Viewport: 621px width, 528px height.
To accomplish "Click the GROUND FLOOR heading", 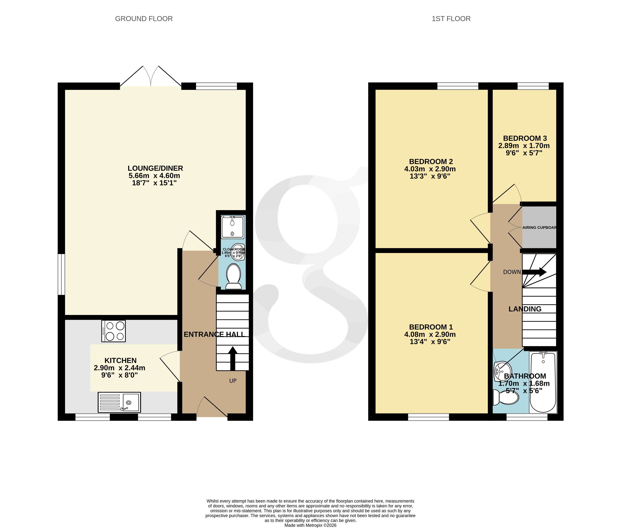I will click(144, 19).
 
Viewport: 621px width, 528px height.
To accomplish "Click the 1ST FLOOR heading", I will click(451, 19).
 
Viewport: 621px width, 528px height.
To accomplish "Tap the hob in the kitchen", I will click(113, 331).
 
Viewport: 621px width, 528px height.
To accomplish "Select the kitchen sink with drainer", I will click(119, 402).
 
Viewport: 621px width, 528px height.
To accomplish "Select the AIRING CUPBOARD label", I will click(539, 228).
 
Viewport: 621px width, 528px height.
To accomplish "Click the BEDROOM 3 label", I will click(525, 138).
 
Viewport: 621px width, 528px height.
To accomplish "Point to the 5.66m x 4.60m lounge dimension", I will click(154, 176).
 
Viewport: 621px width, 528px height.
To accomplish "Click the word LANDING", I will click(525, 309).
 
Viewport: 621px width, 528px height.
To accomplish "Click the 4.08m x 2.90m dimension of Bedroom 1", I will click(430, 334).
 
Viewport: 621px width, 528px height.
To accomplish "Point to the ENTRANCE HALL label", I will click(214, 334).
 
